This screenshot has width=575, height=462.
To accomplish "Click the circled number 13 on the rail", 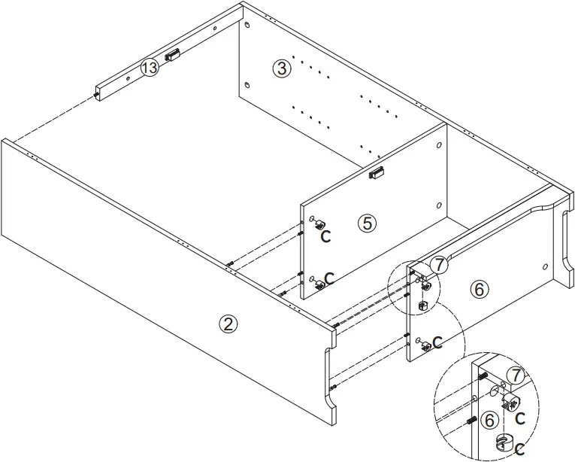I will click(x=150, y=68).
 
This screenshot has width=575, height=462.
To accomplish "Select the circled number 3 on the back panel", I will click(x=281, y=68).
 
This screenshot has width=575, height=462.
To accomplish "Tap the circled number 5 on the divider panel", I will click(x=366, y=223).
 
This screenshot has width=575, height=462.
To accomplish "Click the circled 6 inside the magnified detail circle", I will click(x=489, y=420).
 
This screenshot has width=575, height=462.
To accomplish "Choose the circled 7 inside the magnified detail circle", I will click(x=514, y=375).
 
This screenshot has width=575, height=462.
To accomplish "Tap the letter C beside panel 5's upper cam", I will click(x=325, y=236).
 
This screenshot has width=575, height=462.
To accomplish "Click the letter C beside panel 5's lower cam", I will click(x=328, y=278).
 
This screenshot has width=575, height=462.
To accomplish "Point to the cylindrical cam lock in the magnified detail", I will click(x=503, y=442).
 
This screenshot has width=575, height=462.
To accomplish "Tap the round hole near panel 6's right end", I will click(x=544, y=266).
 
